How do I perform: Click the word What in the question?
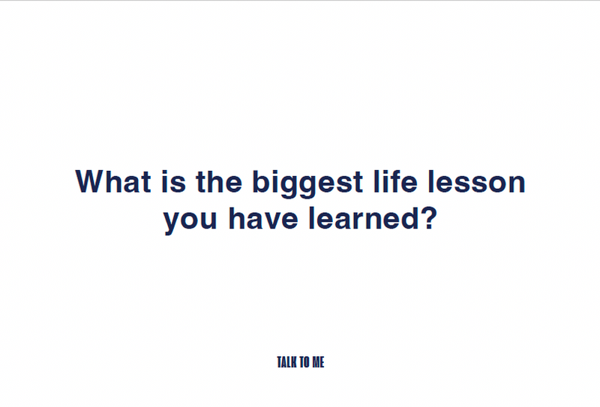tap(113, 181)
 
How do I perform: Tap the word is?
tap(174, 181)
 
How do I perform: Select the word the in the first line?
tap(219, 181)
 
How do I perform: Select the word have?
tap(263, 218)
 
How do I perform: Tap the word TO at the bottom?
tap(304, 362)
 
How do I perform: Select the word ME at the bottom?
tap(318, 362)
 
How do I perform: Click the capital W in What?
tap(92, 181)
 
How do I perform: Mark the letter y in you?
tap(173, 223)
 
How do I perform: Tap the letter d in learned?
tap(409, 218)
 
